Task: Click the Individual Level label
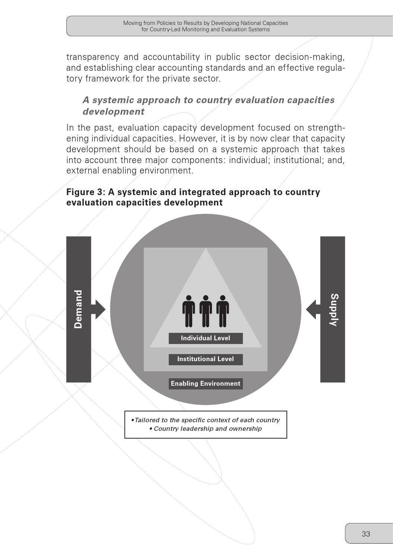(x=205, y=338)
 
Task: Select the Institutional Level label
(x=205, y=359)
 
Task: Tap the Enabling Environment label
(x=205, y=383)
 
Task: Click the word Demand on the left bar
(x=78, y=309)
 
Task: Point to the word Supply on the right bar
(x=334, y=310)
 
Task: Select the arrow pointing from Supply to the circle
(x=312, y=309)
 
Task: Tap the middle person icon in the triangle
(x=206, y=311)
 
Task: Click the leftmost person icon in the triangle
(x=189, y=311)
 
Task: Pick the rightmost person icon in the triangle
(x=223, y=311)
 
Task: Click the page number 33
(x=366, y=534)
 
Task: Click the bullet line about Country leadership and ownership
(x=205, y=429)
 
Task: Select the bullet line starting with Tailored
(x=205, y=420)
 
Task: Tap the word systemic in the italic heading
(x=113, y=100)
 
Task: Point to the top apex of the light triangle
(x=206, y=249)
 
